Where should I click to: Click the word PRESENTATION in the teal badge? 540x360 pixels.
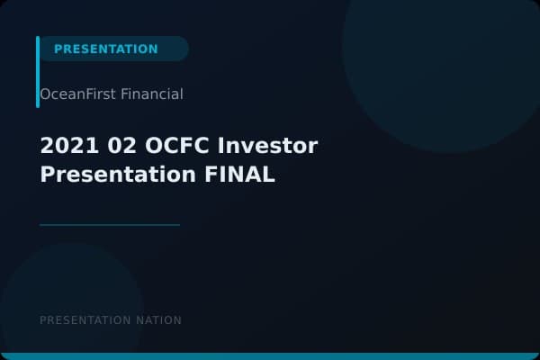point(105,49)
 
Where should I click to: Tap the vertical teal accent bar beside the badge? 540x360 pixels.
point(38,71)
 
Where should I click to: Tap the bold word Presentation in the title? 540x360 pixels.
point(113,174)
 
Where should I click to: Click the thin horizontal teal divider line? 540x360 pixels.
point(110,225)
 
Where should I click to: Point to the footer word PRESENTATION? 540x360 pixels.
point(85,320)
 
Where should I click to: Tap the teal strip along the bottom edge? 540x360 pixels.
point(270,356)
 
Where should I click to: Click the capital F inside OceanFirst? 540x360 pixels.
point(90,94)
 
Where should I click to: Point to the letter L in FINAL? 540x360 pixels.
point(268,174)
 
